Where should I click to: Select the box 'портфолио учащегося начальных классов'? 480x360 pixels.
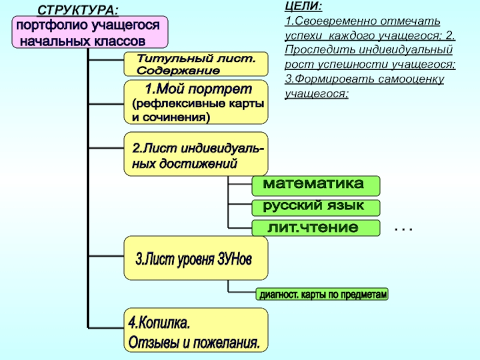pyautogui.click(x=90, y=33)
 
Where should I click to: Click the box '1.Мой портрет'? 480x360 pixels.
pyautogui.click(x=196, y=103)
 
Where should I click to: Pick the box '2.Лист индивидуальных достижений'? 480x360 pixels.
pyautogui.click(x=196, y=154)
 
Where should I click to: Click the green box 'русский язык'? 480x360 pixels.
pyautogui.click(x=316, y=208)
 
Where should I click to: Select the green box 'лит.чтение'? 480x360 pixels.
pyautogui.click(x=316, y=228)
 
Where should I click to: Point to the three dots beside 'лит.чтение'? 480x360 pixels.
pyautogui.click(x=404, y=229)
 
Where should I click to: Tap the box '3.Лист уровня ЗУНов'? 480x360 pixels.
pyautogui.click(x=196, y=259)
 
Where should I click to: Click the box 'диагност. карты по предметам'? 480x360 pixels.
pyautogui.click(x=322, y=295)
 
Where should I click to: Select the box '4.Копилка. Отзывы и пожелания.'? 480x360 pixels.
pyautogui.click(x=196, y=331)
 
